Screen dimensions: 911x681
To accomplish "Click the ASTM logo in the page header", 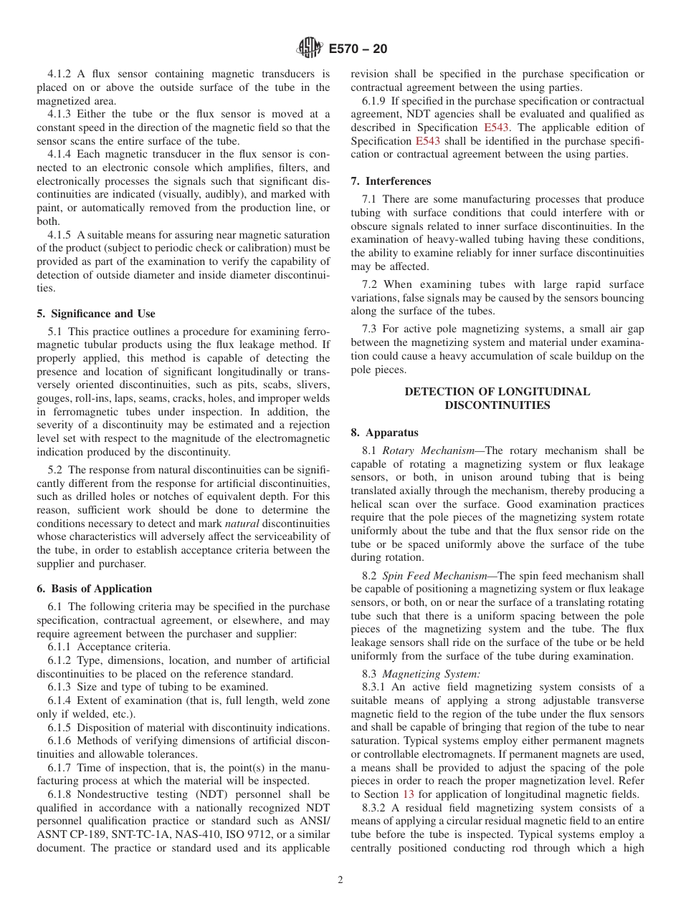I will [x=310, y=49].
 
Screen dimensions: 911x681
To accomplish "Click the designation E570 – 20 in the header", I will [x=358, y=49].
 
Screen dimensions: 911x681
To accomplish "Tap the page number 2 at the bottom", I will [x=340, y=880].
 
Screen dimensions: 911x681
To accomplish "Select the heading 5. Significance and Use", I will [x=96, y=314].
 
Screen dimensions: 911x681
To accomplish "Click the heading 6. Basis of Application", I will [x=95, y=589].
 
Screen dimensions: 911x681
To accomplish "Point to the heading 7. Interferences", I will [x=391, y=181].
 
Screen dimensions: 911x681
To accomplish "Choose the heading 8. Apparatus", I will [x=385, y=433].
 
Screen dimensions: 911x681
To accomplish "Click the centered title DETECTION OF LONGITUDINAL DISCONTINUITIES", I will [x=497, y=399].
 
